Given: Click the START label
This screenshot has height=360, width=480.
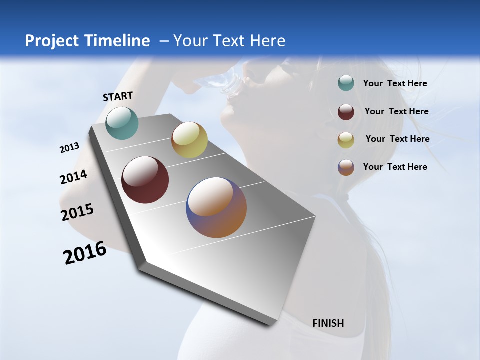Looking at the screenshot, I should point(118,96).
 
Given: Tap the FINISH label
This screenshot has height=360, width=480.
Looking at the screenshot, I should point(328,323).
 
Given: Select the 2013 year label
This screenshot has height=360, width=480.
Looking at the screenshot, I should point(69,148).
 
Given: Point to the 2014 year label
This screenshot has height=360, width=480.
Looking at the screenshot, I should point(73,177).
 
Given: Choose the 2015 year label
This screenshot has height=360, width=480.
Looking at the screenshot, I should point(77,212).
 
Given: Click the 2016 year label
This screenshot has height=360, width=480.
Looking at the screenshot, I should point(85,253).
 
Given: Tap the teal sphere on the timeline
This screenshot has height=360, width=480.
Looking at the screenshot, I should point(122,123).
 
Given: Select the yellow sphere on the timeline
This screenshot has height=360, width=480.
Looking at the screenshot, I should point(189,140).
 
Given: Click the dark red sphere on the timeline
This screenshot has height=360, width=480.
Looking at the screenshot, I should point(145,180).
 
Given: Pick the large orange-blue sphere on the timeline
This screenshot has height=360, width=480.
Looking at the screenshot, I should point(216,207).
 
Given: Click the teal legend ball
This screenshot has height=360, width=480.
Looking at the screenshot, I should point(346,83).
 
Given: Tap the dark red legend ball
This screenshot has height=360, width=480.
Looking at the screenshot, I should point(346,112).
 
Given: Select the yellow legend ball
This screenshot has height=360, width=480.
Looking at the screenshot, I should point(346,140).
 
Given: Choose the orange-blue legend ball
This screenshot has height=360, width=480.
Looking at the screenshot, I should point(346,167).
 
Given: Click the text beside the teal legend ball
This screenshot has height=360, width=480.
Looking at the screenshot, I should point(395,83).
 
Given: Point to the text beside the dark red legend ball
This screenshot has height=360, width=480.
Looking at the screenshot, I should point(396,111).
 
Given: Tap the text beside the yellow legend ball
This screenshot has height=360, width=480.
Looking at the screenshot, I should point(397,139).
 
